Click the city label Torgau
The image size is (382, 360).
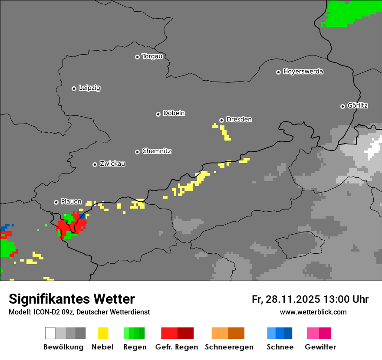coord(152,56)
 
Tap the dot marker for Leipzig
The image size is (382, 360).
coord(74,88)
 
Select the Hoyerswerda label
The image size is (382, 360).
coord(303,72)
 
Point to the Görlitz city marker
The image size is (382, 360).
coord(342,106)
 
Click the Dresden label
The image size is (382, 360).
coord(239,119)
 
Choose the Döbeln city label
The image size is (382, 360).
coord(174,113)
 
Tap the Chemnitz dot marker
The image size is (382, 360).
coord(137,152)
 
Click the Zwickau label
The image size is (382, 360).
coord(112,164)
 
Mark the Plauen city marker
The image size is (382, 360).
coord(56,202)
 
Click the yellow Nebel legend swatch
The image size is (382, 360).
coord(103,333)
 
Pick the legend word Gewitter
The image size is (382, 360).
coord(320,347)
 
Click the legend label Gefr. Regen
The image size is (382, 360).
coord(176,347)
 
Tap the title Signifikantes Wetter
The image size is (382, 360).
coord(72,299)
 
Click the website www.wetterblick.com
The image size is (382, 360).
coord(313,312)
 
